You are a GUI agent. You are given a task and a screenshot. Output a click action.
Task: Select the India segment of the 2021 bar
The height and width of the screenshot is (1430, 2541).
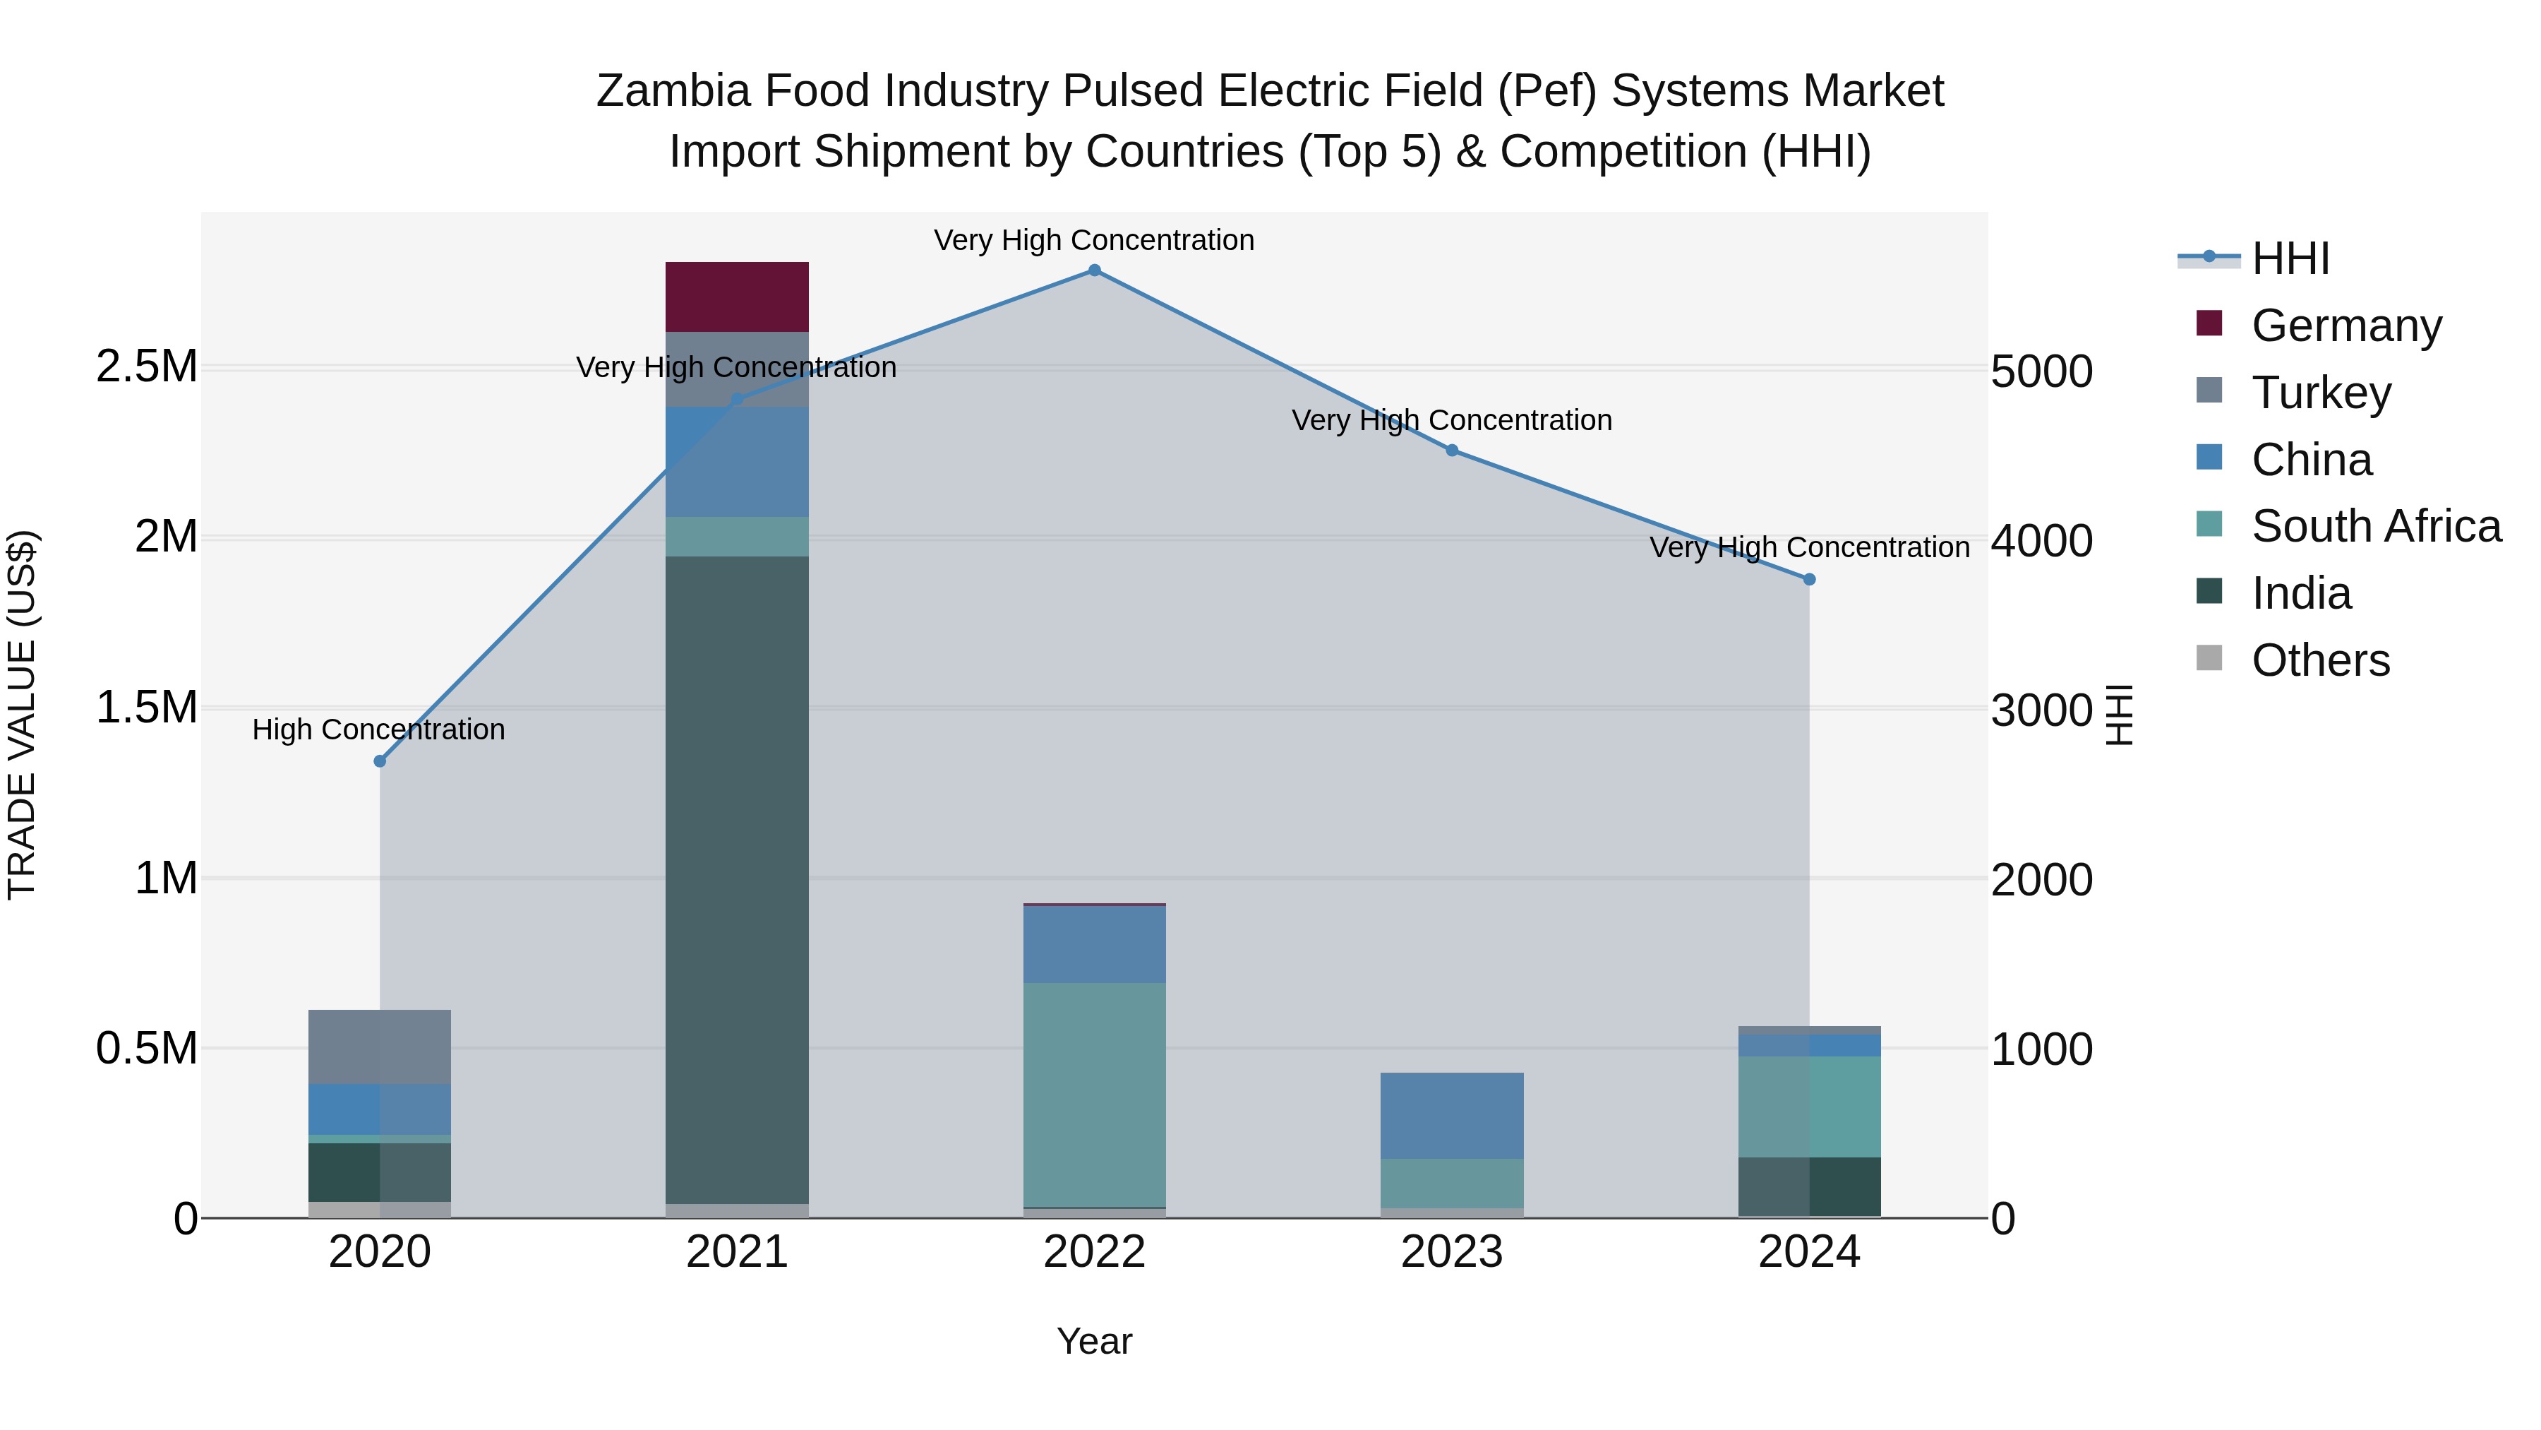(737, 878)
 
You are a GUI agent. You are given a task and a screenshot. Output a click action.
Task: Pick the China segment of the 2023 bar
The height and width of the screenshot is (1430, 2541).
(1451, 1115)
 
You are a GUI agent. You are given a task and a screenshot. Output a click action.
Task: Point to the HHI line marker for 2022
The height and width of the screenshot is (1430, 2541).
(1094, 270)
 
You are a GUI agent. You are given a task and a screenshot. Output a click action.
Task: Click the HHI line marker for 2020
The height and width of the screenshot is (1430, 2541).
(380, 761)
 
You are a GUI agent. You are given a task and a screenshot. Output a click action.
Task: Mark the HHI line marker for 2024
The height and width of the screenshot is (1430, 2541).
(1809, 579)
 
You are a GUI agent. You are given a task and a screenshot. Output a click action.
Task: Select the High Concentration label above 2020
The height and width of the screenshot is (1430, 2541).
(379, 729)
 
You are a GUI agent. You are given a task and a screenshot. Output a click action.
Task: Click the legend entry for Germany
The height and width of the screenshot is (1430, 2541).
(2345, 326)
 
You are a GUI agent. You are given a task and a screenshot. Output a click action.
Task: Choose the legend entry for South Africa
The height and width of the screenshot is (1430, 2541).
(2375, 526)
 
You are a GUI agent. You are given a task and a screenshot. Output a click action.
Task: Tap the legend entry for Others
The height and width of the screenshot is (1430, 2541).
(2320, 660)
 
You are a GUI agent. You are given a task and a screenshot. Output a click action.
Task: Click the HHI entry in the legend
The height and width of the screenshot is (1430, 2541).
(2290, 258)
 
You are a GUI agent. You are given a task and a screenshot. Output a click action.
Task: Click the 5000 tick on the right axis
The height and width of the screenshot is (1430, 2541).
(2041, 372)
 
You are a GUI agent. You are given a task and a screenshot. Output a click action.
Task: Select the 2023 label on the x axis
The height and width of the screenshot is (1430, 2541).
(1451, 1252)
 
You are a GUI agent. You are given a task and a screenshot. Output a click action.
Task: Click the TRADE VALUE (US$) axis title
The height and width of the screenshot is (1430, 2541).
(22, 715)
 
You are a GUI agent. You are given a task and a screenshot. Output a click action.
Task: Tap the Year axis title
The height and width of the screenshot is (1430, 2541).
(1094, 1341)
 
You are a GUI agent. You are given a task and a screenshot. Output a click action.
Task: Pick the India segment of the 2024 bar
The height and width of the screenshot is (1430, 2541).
(1809, 1186)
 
